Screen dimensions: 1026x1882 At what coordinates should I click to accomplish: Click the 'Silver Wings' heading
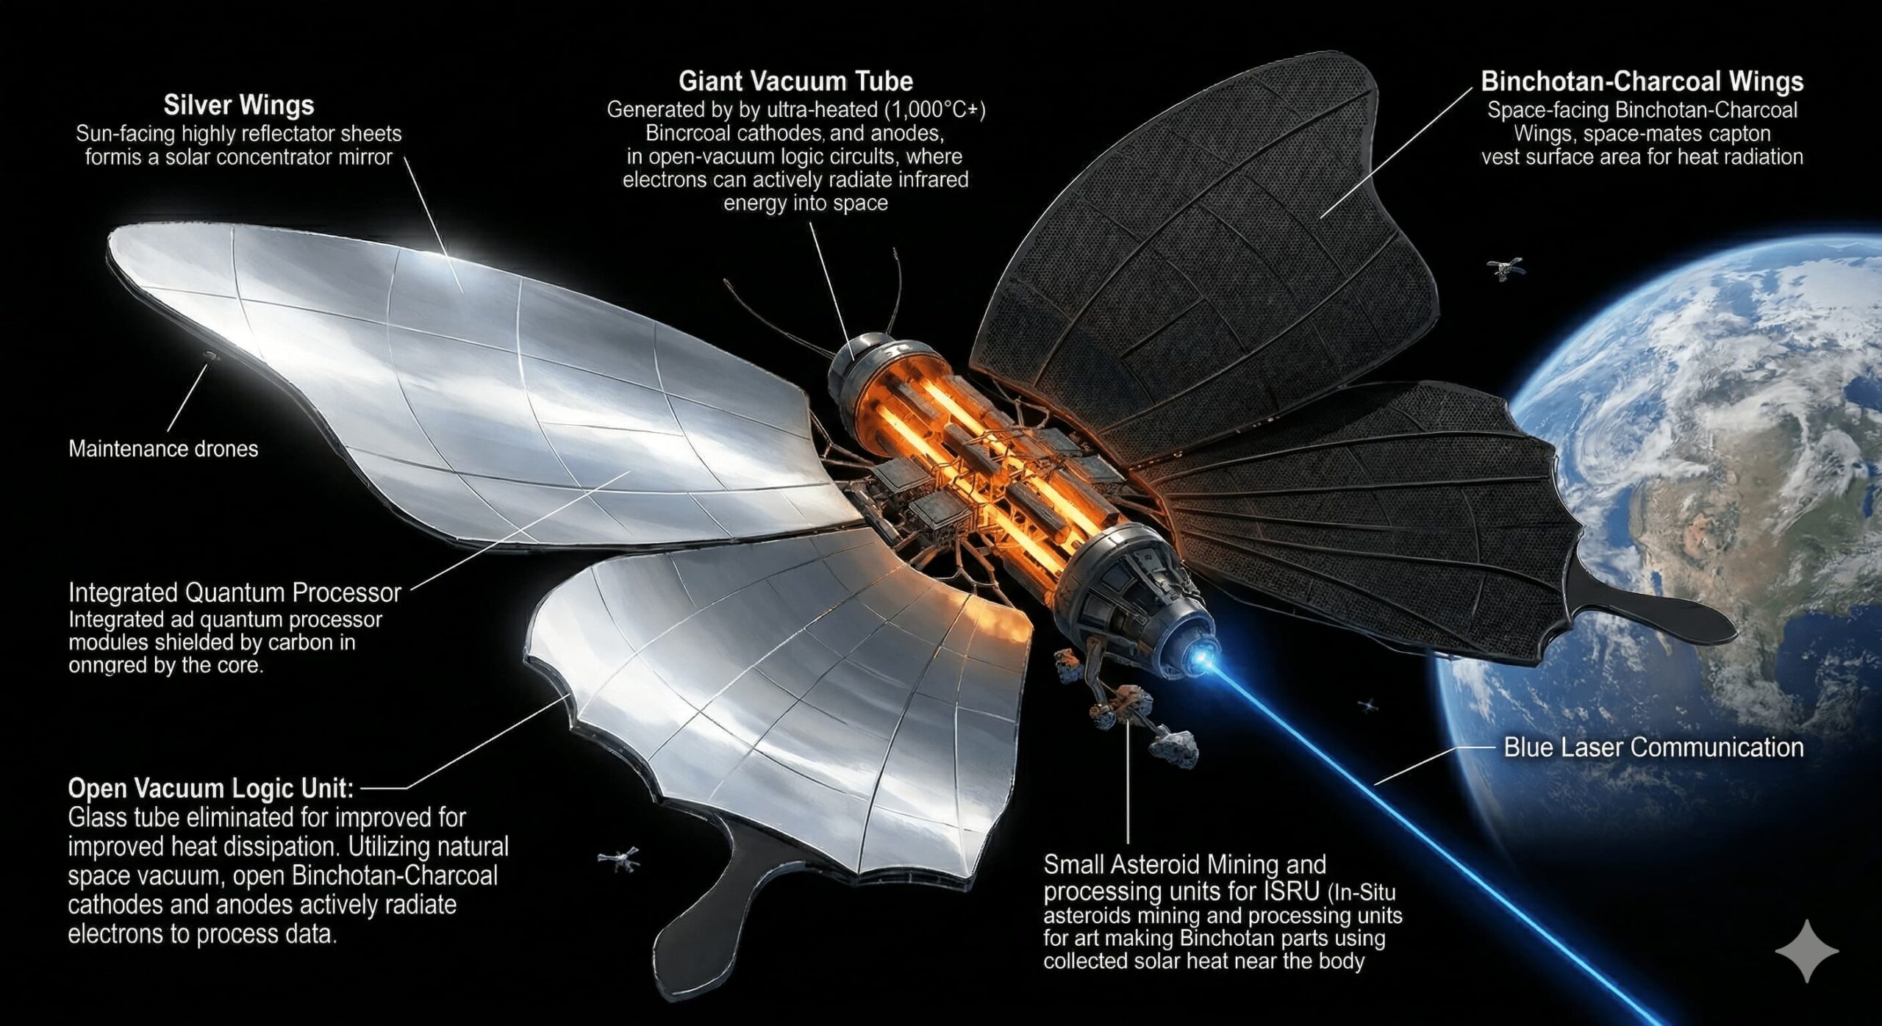click(239, 106)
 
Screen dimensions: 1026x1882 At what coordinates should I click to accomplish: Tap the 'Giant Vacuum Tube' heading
click(795, 81)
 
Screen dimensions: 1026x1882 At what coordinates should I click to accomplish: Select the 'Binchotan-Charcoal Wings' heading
click(1642, 82)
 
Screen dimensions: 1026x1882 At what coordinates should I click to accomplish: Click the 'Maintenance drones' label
click(163, 449)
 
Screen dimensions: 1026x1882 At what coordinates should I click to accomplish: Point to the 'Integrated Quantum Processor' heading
click(235, 593)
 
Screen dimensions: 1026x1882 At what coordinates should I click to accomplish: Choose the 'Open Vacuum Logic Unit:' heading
click(211, 789)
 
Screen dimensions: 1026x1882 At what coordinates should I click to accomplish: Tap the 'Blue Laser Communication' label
click(1653, 747)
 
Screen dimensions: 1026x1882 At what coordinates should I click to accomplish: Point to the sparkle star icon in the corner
click(1807, 951)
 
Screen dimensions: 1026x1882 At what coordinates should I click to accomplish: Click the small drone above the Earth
click(1504, 269)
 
